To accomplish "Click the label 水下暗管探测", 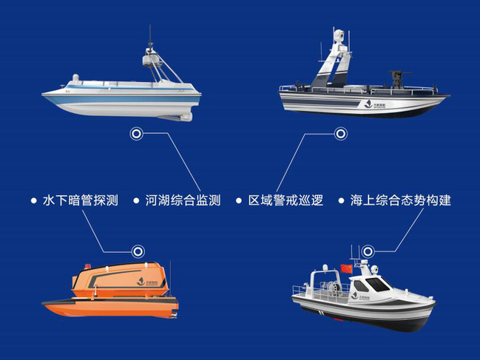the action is click(x=81, y=200).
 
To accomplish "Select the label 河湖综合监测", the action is click(x=183, y=200).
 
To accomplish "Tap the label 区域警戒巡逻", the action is click(x=285, y=200).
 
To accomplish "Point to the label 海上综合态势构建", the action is click(x=401, y=200).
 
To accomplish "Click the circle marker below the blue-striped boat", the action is click(x=136, y=134).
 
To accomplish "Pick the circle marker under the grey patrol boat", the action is click(x=340, y=134).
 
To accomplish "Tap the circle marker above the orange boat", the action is click(x=138, y=251).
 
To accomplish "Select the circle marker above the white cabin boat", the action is click(x=368, y=251).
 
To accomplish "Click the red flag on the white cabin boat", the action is click(x=346, y=269).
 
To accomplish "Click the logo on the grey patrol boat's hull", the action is click(x=375, y=105).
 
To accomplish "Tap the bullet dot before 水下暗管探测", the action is click(x=34, y=201).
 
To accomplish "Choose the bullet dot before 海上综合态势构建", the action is click(x=342, y=201).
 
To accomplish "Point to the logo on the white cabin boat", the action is click(x=360, y=296).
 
